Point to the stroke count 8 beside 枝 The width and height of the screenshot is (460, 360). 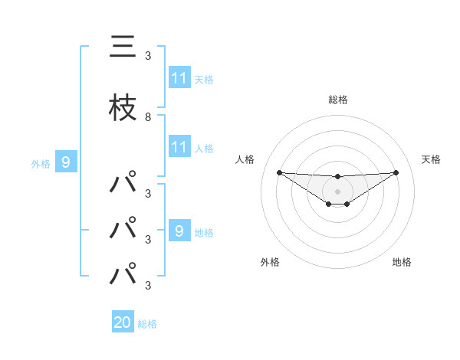point(148,117)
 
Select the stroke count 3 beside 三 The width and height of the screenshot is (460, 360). point(148,55)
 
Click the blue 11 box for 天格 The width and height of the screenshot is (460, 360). point(179,78)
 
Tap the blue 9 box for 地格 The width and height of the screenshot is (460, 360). point(179,231)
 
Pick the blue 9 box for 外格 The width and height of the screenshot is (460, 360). point(66,162)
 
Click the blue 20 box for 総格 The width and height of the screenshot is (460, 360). point(123,322)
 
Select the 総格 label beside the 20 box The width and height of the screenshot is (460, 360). point(147,324)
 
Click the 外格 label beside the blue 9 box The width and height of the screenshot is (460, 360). point(41,163)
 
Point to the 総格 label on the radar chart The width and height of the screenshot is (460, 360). point(337,100)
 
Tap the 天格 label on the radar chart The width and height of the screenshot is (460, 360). point(431,159)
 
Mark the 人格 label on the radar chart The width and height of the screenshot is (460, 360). point(245,159)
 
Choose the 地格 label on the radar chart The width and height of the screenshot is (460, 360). point(402,262)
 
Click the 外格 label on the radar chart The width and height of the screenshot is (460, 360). point(270,262)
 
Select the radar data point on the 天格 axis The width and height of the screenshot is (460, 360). point(396,172)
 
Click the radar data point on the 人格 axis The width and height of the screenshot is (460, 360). point(279,172)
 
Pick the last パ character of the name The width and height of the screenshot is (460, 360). point(123,274)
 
